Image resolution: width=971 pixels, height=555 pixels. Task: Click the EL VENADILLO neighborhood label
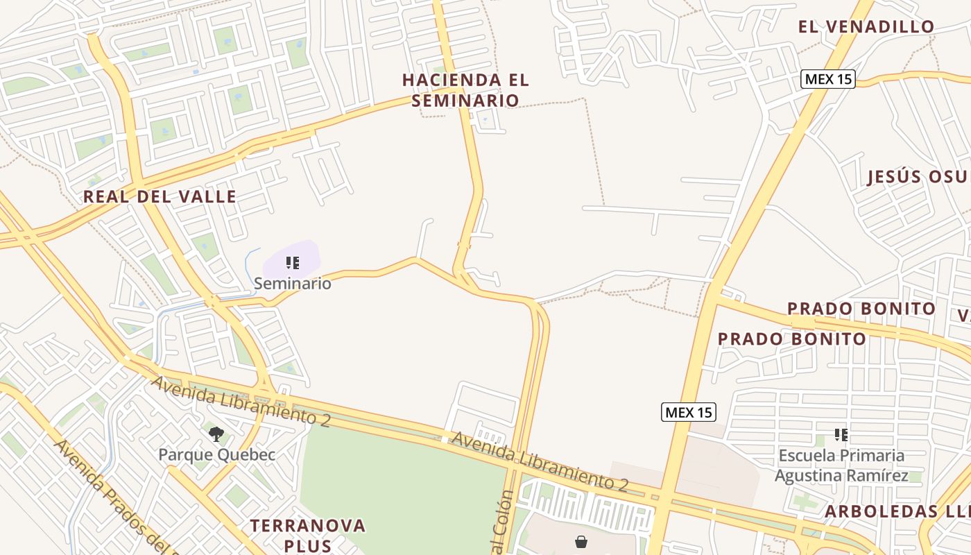click(866, 27)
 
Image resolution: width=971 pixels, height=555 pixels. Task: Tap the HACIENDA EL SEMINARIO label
click(465, 90)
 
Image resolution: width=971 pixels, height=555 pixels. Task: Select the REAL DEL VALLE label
click(160, 196)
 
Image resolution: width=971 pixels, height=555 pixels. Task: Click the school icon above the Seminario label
click(293, 263)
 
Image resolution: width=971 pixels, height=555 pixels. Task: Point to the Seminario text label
click(292, 283)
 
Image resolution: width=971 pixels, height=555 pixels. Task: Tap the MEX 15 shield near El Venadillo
click(828, 79)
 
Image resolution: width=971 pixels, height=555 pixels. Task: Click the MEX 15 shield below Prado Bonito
click(688, 412)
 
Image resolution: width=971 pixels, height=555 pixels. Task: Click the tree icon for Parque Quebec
click(216, 435)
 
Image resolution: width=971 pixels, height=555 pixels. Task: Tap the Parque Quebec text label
click(216, 455)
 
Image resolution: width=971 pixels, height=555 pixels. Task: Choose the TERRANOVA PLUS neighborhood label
click(308, 535)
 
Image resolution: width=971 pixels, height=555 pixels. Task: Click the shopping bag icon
click(581, 541)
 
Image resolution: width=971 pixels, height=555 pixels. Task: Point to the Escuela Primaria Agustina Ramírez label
click(841, 466)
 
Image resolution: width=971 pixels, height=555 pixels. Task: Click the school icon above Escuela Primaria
click(841, 435)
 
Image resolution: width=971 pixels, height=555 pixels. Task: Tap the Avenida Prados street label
click(111, 496)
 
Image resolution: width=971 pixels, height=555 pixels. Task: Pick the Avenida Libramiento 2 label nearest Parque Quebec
click(240, 401)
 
